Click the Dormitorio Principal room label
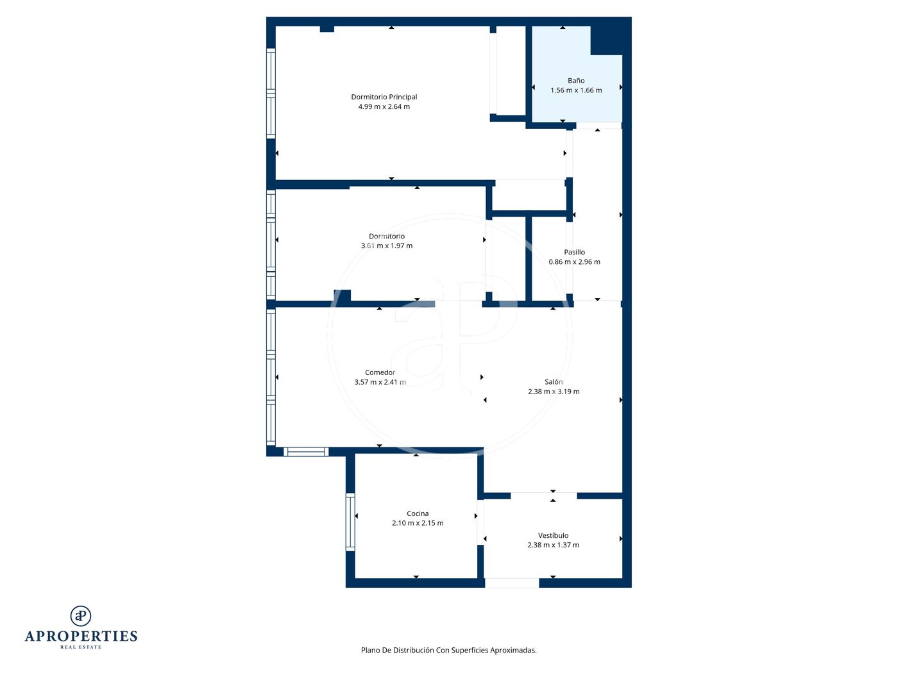(384, 97)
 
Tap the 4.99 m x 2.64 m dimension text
(384, 106)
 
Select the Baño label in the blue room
(575, 81)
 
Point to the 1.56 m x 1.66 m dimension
(575, 90)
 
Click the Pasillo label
(574, 252)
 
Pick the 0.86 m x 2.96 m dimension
(574, 262)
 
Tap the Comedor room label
(380, 372)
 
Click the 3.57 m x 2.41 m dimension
(380, 382)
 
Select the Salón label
(553, 381)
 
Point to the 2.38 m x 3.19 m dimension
(553, 392)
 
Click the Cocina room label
(418, 513)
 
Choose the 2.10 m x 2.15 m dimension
(418, 523)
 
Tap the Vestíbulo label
(553, 535)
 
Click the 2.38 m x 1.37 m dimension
(553, 545)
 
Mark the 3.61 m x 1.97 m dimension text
(386, 246)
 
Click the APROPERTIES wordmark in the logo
(81, 636)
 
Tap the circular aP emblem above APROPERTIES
(81, 616)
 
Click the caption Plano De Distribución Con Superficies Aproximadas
(448, 651)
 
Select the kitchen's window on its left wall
(350, 522)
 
